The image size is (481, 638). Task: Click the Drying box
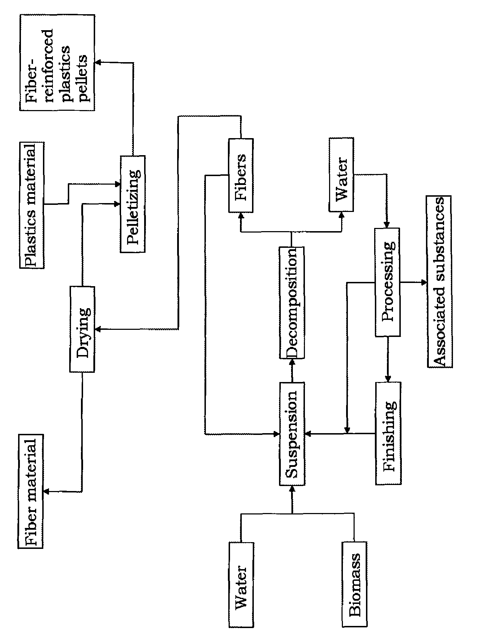coord(82,329)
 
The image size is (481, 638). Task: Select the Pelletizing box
coord(133,204)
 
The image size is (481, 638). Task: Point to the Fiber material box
coord(30,491)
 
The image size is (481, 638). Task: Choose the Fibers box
coord(241,176)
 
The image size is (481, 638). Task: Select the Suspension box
coord(292,433)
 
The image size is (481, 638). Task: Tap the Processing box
coord(388,282)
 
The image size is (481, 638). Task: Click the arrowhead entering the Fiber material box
coord(45,491)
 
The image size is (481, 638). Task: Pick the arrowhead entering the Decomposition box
coord(292,361)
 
